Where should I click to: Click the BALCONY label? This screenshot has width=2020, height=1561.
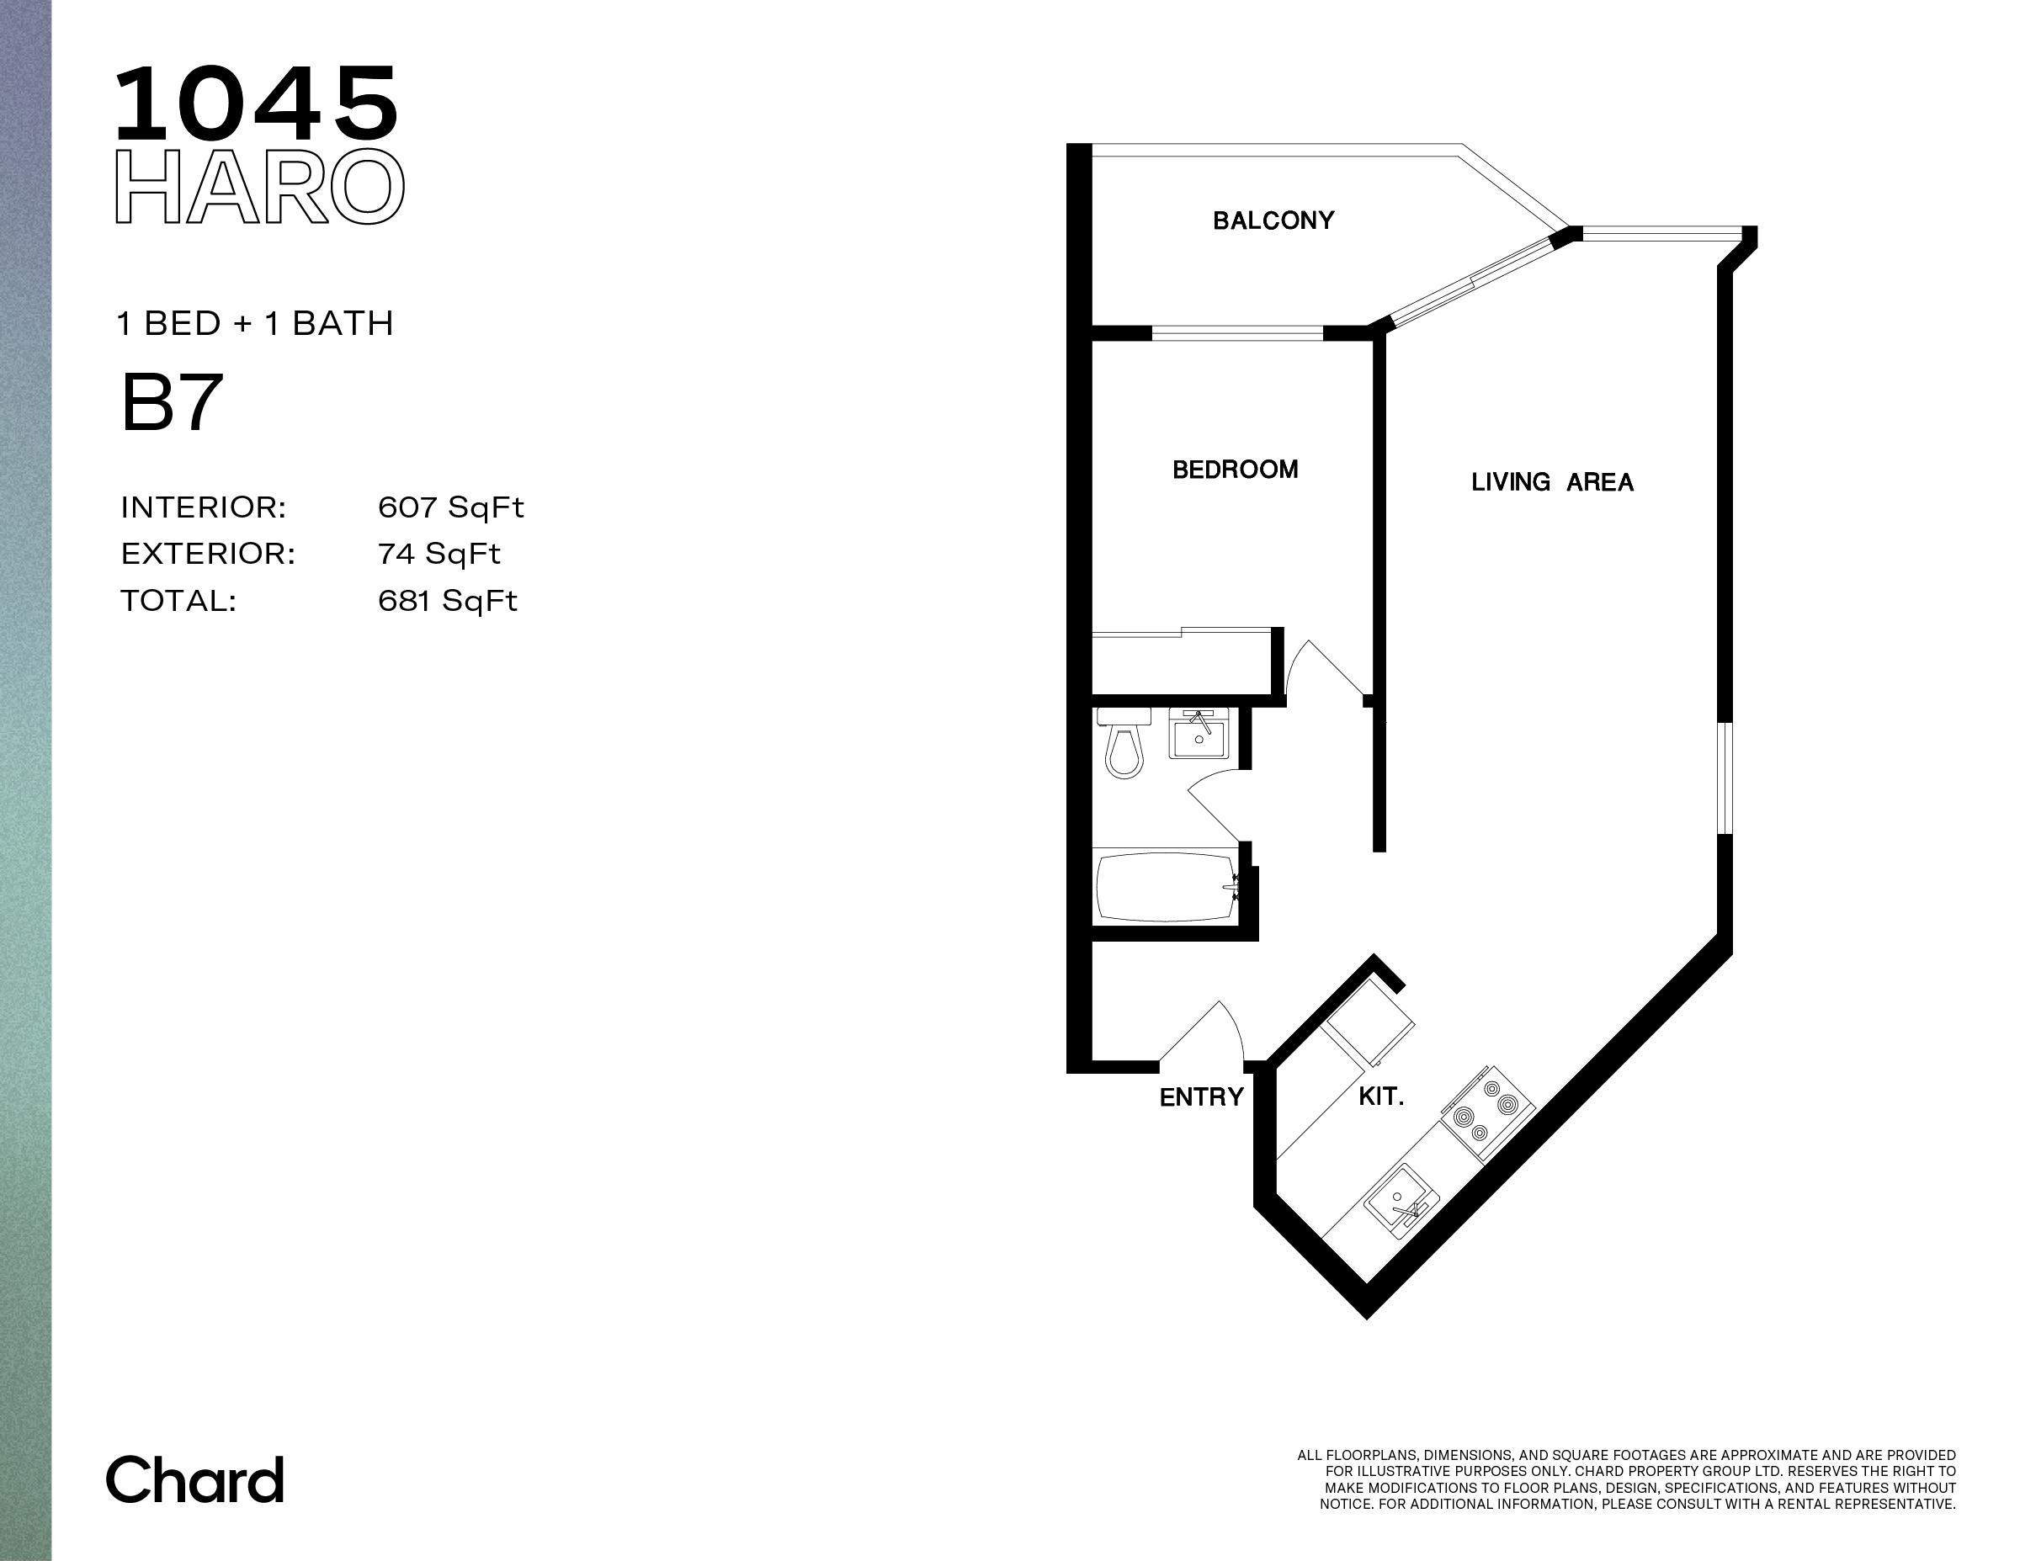pos(1273,220)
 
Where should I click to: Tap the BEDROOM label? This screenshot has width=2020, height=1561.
pos(1235,470)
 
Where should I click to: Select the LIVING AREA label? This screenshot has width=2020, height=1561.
pos(1552,482)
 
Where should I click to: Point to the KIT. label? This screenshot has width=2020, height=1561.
pos(1381,1096)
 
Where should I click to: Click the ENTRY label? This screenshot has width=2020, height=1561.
pos(1201,1096)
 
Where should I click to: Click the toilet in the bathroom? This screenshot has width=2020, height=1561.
pos(1124,742)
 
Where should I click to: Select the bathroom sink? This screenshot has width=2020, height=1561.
pos(1199,733)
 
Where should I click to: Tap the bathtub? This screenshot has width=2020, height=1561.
pos(1167,886)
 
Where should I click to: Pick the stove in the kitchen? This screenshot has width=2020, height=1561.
pos(1487,1113)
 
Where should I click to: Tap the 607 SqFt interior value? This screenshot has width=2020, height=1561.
pos(450,507)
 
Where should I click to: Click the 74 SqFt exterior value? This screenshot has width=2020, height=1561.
pos(439,554)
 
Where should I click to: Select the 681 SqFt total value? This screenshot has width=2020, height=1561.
pos(448,601)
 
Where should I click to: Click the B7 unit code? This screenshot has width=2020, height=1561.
pos(172,402)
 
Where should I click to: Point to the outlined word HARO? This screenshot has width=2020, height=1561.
pos(259,187)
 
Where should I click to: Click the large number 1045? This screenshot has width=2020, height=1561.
pos(256,104)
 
